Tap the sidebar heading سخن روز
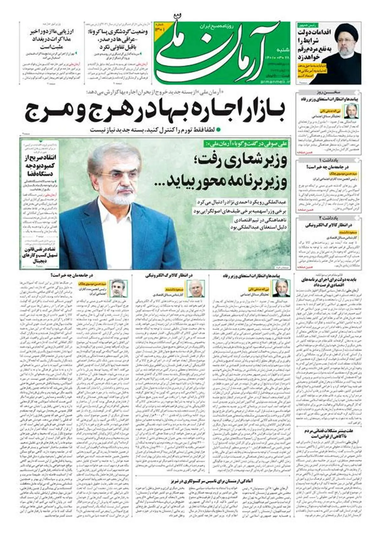pos(328,92)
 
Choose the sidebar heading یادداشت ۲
pos(328,218)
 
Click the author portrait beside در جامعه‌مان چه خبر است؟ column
pos(119,288)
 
